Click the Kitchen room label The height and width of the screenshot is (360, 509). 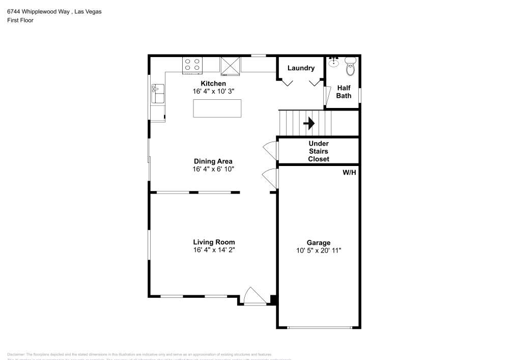213,84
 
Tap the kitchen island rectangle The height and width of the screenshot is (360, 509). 217,108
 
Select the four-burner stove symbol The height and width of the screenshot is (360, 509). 192,65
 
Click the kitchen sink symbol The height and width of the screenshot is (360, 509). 157,94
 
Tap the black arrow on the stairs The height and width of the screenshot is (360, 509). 309,123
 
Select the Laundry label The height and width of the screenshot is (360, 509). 301,68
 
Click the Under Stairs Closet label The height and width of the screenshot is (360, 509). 319,151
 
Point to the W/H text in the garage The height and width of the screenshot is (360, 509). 349,173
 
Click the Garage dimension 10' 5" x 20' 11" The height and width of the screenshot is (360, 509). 319,251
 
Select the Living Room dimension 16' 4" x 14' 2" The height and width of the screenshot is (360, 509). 214,250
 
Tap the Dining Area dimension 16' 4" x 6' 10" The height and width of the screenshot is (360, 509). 213,169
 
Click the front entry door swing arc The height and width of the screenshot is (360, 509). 253,296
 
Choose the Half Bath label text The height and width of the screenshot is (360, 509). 344,92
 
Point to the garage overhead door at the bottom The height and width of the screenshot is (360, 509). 319,327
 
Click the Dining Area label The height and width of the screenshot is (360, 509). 213,161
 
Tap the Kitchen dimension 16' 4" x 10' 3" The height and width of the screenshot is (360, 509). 213,91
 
